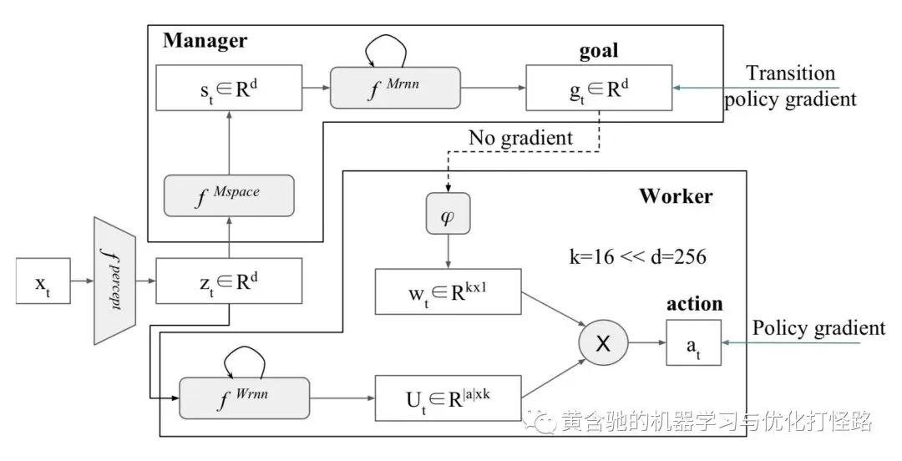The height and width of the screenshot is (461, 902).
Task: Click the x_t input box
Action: tap(43, 281)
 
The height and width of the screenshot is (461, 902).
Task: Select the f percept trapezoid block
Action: tap(114, 281)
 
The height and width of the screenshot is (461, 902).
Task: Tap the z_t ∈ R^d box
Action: tap(229, 281)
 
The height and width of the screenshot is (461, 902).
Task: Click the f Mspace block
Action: tap(229, 195)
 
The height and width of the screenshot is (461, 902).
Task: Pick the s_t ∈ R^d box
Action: tap(229, 88)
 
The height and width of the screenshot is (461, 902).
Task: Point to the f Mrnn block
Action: tap(395, 88)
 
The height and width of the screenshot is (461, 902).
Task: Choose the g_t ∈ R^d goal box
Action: tap(599, 88)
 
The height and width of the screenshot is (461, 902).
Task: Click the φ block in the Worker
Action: tap(448, 214)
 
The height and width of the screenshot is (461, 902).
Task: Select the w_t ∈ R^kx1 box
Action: tap(448, 291)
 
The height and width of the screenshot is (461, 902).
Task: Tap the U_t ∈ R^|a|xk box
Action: tap(448, 398)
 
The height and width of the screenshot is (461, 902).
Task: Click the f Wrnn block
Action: tap(245, 398)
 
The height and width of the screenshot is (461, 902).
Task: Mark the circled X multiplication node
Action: tap(603, 343)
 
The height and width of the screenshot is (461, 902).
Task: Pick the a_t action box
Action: tap(694, 343)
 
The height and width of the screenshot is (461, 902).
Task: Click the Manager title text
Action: tap(205, 41)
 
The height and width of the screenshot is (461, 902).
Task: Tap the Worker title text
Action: tap(676, 196)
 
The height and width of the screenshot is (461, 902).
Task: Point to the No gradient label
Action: tap(520, 138)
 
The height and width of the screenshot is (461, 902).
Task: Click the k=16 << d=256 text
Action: tap(638, 256)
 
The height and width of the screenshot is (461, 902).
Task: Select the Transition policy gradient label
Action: tap(790, 86)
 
